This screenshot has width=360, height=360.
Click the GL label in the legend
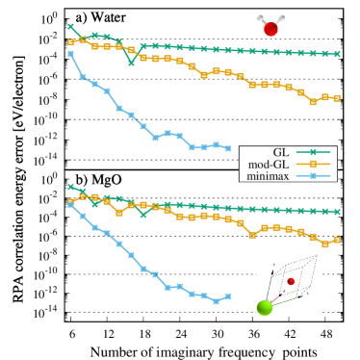[x=280, y=152]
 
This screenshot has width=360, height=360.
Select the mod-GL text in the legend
[x=268, y=165]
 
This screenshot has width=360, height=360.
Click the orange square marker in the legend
[x=313, y=165]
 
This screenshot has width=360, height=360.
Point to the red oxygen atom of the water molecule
[x=270, y=29]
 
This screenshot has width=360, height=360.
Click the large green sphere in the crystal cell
[x=265, y=307]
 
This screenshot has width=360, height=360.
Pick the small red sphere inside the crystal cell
[x=291, y=281]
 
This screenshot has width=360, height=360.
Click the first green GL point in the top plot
[x=71, y=26]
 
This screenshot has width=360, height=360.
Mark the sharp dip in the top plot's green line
[x=131, y=63]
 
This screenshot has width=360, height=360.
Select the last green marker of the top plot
[x=337, y=54]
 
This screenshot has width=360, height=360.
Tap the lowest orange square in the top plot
[x=313, y=101]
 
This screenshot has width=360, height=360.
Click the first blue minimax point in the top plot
[x=71, y=54]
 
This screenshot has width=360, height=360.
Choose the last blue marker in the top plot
[x=228, y=148]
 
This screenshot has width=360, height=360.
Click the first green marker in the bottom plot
[x=71, y=187]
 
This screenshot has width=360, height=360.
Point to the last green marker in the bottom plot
[x=337, y=212]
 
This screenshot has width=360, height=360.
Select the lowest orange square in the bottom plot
[x=324, y=244]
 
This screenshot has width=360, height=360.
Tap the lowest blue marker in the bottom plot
[x=216, y=301]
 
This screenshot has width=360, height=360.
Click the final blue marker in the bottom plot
[x=228, y=296]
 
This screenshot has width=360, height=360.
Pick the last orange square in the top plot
[x=337, y=98]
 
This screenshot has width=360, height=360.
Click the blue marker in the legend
[x=313, y=176]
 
